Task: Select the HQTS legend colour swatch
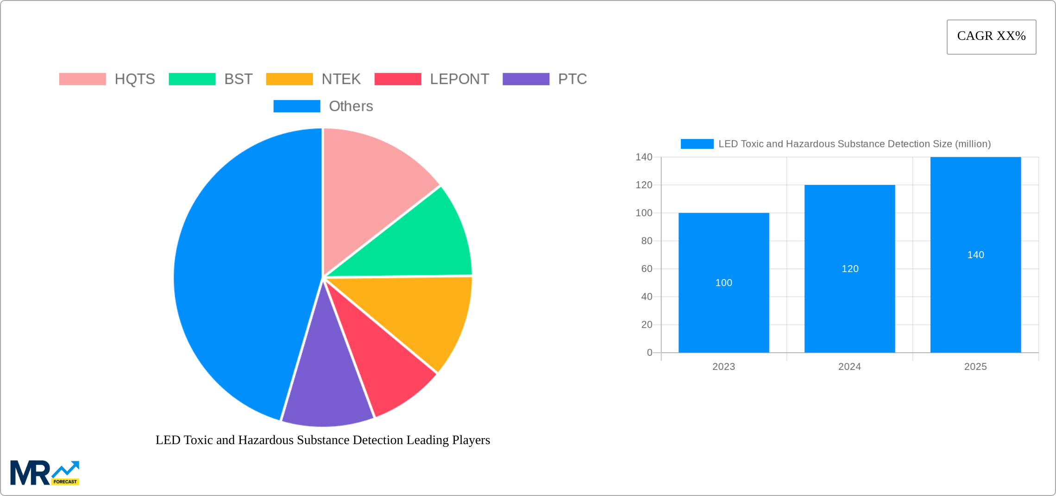coord(82,79)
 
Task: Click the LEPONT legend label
coord(459,79)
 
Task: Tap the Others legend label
coord(351,106)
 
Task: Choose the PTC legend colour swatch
coord(526,79)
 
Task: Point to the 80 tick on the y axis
coord(647,241)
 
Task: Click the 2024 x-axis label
coord(849,367)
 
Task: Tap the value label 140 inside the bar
coord(975,255)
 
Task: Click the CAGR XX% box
coord(991,37)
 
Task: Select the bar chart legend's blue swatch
coord(697,144)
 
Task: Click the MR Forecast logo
coord(45,473)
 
